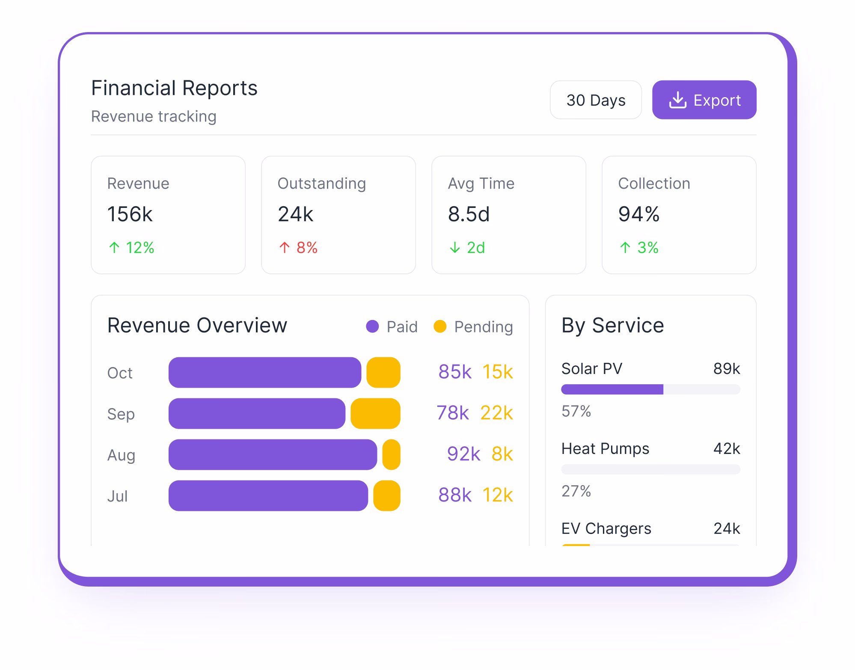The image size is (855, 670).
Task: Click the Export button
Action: (704, 100)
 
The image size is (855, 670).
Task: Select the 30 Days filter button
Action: (595, 100)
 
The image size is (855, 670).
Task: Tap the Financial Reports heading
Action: (174, 88)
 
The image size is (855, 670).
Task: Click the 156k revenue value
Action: (130, 214)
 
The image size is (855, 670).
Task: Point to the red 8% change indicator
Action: (298, 247)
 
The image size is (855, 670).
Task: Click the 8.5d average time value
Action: (469, 214)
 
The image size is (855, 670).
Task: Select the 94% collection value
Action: (638, 214)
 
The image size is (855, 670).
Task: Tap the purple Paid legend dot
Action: (372, 326)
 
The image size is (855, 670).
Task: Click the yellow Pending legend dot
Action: (440, 326)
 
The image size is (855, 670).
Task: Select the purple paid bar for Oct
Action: (264, 372)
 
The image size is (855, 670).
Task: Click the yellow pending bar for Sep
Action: (375, 413)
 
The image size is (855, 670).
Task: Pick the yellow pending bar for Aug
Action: (391, 454)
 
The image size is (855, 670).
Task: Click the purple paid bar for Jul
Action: (268, 495)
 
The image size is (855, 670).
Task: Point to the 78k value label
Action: (452, 413)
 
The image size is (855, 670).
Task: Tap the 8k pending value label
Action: (502, 454)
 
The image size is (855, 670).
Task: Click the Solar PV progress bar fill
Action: (612, 389)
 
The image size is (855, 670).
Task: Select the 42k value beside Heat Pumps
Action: (726, 448)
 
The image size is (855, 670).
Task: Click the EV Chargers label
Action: (606, 528)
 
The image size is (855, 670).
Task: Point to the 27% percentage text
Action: (576, 491)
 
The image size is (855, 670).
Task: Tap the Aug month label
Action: (121, 455)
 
